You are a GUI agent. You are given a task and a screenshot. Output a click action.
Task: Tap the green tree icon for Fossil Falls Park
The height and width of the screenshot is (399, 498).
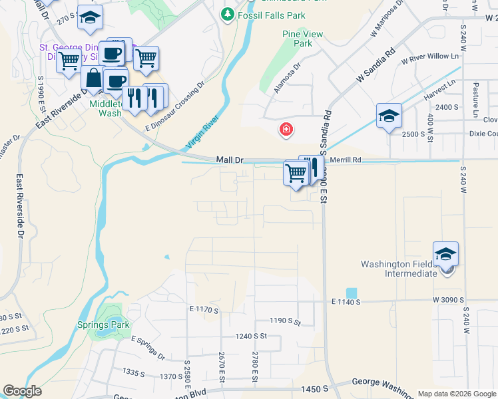(228, 14)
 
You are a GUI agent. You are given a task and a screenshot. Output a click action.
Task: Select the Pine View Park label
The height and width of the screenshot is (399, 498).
(297, 39)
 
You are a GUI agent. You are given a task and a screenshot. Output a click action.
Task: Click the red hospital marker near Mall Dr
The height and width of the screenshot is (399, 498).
(286, 129)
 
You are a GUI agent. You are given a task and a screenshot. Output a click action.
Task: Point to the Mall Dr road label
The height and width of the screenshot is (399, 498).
(231, 160)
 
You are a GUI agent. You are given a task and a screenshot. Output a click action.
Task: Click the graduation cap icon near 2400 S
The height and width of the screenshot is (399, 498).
(389, 116)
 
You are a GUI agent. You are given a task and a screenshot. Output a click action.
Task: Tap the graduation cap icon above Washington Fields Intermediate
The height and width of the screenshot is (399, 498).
(445, 254)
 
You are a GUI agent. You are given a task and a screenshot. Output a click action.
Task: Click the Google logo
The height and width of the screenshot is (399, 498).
(23, 391)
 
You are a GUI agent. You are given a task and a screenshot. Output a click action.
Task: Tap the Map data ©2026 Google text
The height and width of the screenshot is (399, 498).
(456, 394)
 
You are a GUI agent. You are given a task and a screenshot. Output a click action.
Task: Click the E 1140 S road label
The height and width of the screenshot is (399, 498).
(346, 302)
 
